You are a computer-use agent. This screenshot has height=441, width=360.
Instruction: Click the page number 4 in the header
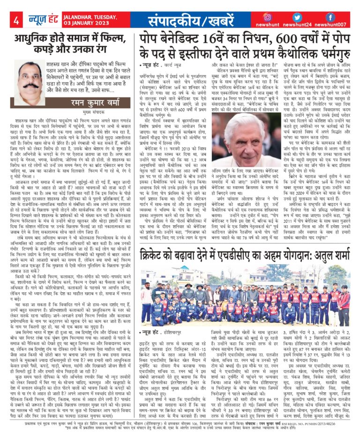[x=16, y=20]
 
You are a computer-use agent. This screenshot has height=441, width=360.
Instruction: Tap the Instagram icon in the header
[x=267, y=17]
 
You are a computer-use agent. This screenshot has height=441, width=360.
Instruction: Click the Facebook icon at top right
[x=330, y=17]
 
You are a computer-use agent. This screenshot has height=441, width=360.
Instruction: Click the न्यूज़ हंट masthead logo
[x=43, y=20]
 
